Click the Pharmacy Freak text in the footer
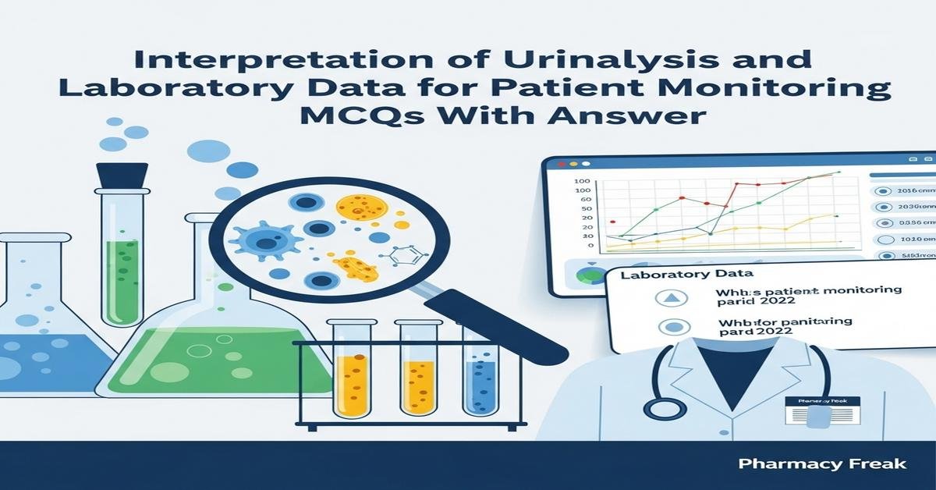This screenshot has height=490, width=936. (822, 464)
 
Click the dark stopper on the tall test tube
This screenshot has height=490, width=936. (122, 176)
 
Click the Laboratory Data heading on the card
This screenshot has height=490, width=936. (686, 275)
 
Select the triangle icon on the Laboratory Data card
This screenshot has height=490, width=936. (673, 297)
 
